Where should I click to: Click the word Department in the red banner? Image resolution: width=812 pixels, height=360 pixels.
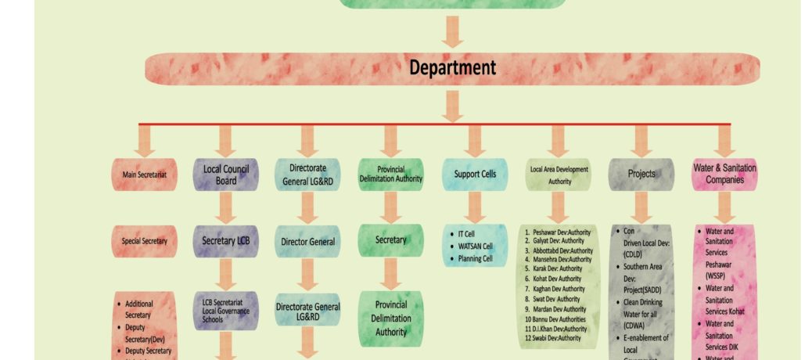(452, 68)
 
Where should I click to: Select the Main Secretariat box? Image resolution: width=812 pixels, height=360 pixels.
(144, 175)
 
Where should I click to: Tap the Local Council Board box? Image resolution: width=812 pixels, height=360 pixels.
(225, 175)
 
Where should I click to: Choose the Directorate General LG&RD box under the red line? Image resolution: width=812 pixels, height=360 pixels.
(307, 175)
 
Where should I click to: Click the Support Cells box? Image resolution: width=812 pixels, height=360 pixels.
(474, 174)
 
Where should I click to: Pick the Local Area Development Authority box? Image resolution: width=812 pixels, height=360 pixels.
(558, 175)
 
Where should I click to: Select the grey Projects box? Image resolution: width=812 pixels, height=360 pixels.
(641, 174)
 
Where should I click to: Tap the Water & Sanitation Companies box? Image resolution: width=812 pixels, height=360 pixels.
(724, 174)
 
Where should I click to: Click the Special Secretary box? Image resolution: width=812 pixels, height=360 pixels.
(144, 241)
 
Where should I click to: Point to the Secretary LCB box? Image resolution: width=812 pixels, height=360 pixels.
(225, 241)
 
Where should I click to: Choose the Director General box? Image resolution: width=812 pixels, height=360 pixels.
(307, 242)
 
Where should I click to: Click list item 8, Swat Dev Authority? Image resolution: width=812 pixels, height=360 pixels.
(556, 299)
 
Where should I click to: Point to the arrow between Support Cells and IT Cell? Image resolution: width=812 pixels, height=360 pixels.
(474, 207)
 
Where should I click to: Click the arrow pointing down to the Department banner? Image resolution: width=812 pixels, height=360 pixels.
(452, 31)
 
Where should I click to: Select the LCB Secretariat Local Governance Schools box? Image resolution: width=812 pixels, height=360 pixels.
(225, 311)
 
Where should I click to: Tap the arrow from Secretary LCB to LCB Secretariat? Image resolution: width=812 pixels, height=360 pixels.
(225, 275)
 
